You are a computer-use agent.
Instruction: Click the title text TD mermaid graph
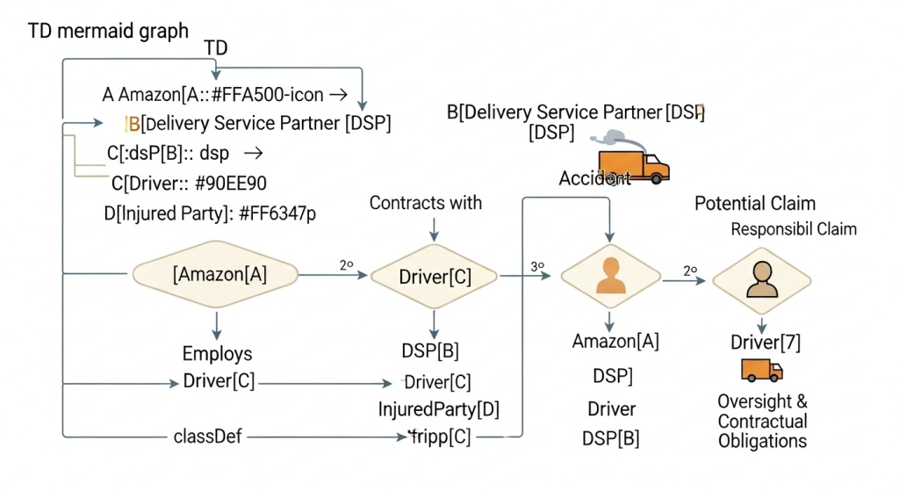tap(108, 31)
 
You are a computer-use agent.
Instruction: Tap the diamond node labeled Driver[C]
tap(435, 277)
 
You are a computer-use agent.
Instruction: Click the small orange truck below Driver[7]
tap(761, 370)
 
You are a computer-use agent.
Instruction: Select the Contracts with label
tap(426, 203)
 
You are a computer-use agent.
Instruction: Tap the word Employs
tap(217, 354)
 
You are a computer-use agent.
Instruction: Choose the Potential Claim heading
tap(755, 204)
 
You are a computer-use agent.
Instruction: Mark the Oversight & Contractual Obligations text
tap(762, 421)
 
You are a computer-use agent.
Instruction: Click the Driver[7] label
tap(766, 343)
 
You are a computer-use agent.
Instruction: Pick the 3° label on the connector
tap(537, 264)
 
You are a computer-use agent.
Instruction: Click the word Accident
tap(595, 179)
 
